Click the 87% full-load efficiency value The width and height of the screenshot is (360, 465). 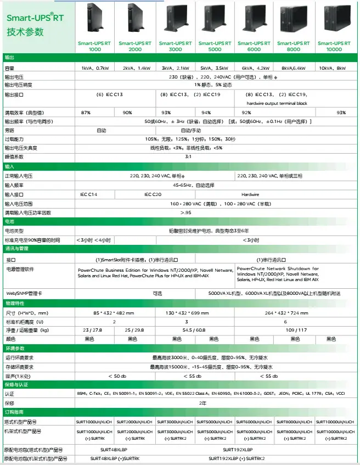point(86,112)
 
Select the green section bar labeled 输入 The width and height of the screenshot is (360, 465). point(180,166)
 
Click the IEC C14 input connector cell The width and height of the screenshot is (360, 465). point(88,194)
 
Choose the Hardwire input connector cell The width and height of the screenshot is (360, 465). point(250,194)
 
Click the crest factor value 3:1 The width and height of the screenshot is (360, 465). point(188,156)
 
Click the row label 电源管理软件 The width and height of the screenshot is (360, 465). point(20,270)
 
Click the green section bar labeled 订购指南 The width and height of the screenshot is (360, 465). point(180,412)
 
